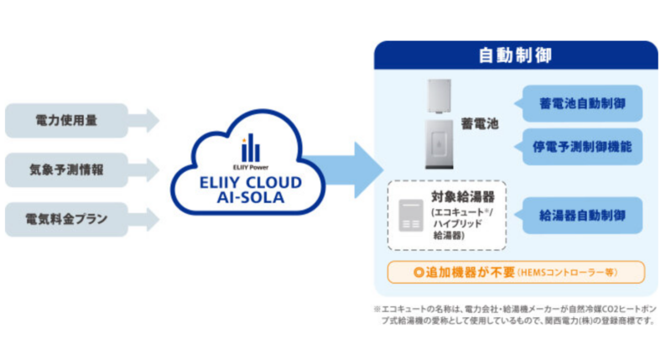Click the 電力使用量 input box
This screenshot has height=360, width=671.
[66, 120]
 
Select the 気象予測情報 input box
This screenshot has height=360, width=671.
[66, 170]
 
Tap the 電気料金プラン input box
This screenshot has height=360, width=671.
[66, 219]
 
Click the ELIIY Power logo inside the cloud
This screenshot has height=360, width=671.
[245, 150]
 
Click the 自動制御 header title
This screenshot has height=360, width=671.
[515, 56]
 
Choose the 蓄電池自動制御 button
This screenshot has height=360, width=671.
[582, 105]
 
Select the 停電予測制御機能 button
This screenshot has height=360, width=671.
[582, 147]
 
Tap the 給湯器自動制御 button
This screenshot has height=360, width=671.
[582, 215]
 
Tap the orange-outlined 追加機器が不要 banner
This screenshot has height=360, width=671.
[515, 272]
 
